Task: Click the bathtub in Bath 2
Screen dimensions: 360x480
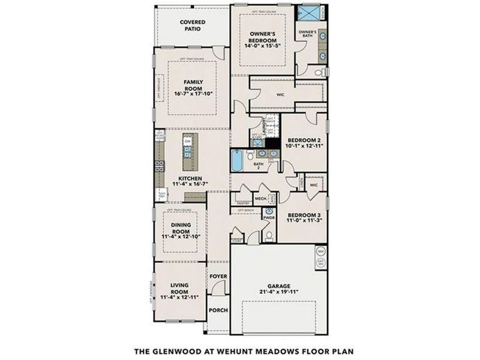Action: click(238, 161)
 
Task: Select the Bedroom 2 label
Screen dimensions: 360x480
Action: click(304, 139)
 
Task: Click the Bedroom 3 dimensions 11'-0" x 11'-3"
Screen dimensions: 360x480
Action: click(305, 220)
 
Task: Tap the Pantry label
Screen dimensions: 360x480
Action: click(243, 203)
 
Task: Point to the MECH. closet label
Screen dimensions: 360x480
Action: click(260, 197)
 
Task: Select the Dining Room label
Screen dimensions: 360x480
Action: click(177, 228)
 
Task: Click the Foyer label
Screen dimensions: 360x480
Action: click(218, 277)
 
